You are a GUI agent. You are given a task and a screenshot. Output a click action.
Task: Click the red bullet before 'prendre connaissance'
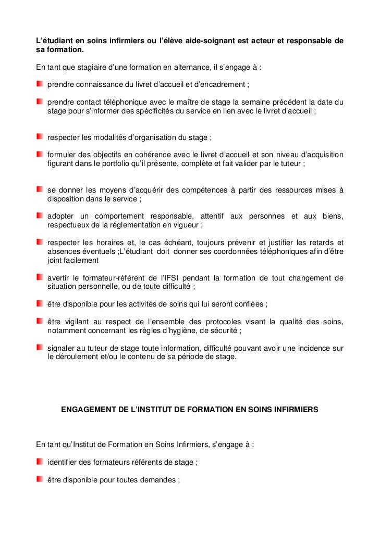pos(40,84)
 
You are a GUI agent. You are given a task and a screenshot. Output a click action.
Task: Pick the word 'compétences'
pos(203,190)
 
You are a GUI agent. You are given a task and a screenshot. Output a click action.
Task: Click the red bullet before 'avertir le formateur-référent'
pos(40,277)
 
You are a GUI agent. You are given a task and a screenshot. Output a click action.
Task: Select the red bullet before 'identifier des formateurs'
pos(40,462)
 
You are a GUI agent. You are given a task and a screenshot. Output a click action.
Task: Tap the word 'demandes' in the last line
pos(161,480)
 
